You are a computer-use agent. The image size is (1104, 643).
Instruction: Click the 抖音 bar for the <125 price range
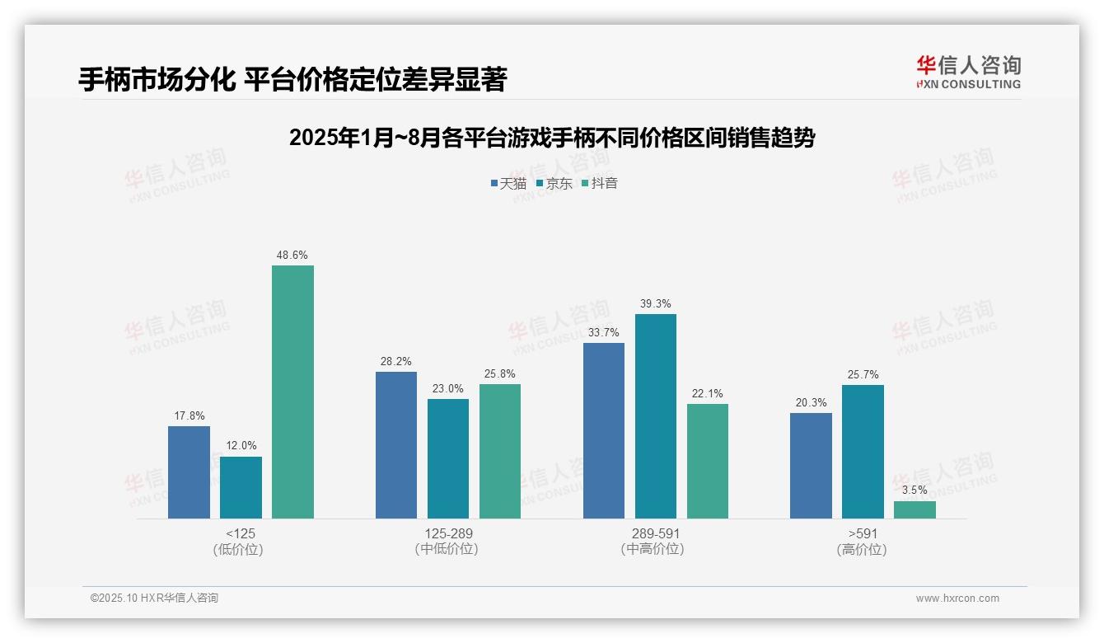[x=292, y=392]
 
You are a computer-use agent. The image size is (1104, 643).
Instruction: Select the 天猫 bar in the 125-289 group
[x=396, y=445]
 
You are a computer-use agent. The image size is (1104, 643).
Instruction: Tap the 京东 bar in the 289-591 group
[x=656, y=416]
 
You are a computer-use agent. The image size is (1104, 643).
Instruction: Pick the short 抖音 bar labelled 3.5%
[x=915, y=509]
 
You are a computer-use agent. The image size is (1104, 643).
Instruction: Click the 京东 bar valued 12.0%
[x=241, y=487]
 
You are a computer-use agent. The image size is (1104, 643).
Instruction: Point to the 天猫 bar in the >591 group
[x=811, y=466]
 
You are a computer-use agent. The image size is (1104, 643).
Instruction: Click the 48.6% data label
[x=292, y=256]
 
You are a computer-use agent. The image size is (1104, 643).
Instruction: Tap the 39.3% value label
[x=656, y=304]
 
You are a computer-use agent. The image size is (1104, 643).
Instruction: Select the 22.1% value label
[x=708, y=394]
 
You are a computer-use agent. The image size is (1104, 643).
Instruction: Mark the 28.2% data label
[x=396, y=362]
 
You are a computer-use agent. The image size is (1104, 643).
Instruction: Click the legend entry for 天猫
[x=508, y=183]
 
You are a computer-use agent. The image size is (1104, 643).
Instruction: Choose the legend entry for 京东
[x=554, y=183]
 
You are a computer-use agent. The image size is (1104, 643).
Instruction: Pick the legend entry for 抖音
[x=600, y=183]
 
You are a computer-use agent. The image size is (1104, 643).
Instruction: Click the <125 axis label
[x=241, y=533]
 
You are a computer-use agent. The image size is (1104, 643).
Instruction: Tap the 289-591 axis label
[x=656, y=533]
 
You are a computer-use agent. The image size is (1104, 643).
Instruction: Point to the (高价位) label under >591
[x=863, y=549]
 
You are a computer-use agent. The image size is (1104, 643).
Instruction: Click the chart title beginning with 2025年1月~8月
[x=552, y=138]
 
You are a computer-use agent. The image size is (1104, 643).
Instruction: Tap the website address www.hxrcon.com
[x=957, y=598]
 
